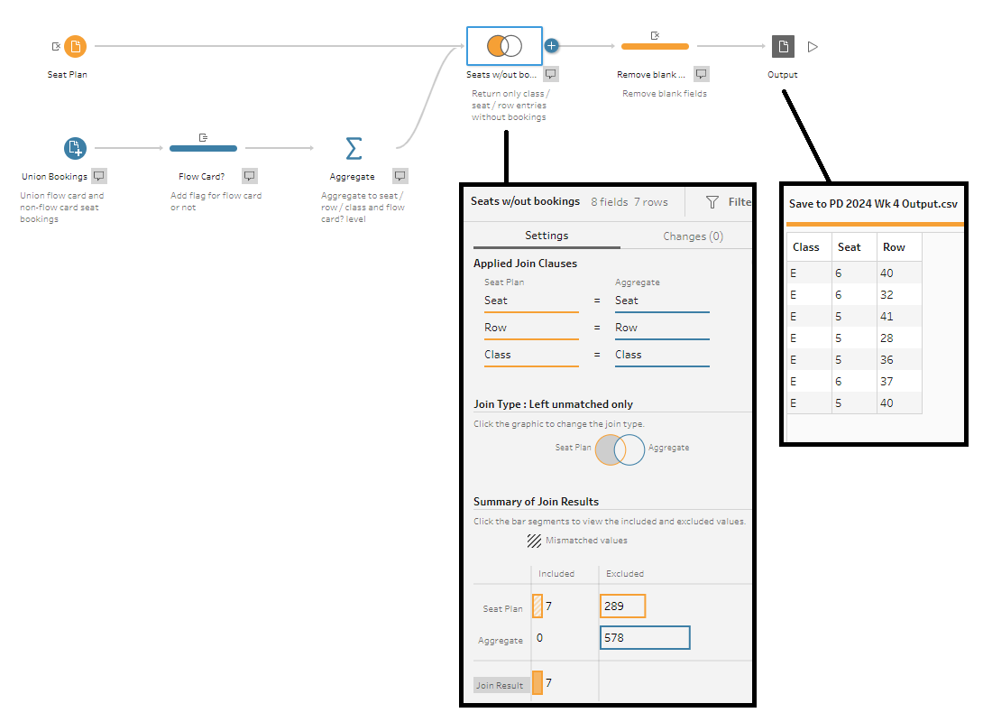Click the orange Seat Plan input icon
pyautogui.click(x=75, y=46)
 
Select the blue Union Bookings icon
pyautogui.click(x=75, y=148)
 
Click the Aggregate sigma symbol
pyautogui.click(x=354, y=149)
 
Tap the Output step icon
pyautogui.click(x=783, y=46)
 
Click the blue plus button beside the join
pyautogui.click(x=551, y=46)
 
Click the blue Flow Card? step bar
pyautogui.click(x=203, y=148)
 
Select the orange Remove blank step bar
pyautogui.click(x=655, y=46)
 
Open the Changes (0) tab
pyautogui.click(x=693, y=236)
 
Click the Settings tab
pyautogui.click(x=547, y=236)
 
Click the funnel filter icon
pyautogui.click(x=712, y=202)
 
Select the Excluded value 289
pyautogui.click(x=622, y=606)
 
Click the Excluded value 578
pyautogui.click(x=645, y=637)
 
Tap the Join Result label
pyautogui.click(x=500, y=685)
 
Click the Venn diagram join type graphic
pyautogui.click(x=620, y=449)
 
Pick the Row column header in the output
pyautogui.click(x=894, y=247)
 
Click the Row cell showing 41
pyautogui.click(x=887, y=316)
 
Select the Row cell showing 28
pyautogui.click(x=887, y=338)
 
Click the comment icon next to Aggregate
pyautogui.click(x=400, y=176)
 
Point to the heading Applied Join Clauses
pyautogui.click(x=526, y=264)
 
